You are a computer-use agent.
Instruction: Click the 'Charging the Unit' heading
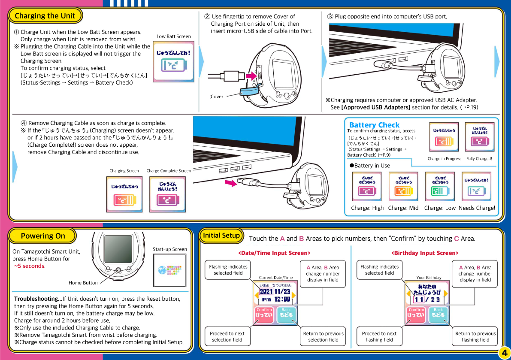point(45,16)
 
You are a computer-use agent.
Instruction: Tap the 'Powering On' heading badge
point(42,236)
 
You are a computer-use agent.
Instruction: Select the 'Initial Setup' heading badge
point(221,235)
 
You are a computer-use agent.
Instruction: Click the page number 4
point(503,352)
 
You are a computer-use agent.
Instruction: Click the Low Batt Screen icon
point(173,61)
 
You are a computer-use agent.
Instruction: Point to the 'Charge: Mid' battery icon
point(403,186)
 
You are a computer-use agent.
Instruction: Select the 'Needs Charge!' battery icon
point(476,186)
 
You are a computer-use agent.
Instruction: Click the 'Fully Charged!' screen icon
point(479,137)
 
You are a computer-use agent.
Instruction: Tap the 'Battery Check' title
point(374,125)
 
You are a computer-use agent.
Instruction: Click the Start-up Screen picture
point(169,270)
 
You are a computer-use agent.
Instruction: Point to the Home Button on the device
point(118,270)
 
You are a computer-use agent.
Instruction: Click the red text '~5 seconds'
point(29,266)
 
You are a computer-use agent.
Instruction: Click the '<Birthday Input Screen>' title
point(424,253)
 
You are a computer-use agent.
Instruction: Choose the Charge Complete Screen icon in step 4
point(167,194)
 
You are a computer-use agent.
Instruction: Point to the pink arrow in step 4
point(231,183)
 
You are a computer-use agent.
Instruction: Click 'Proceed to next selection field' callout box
point(227,336)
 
